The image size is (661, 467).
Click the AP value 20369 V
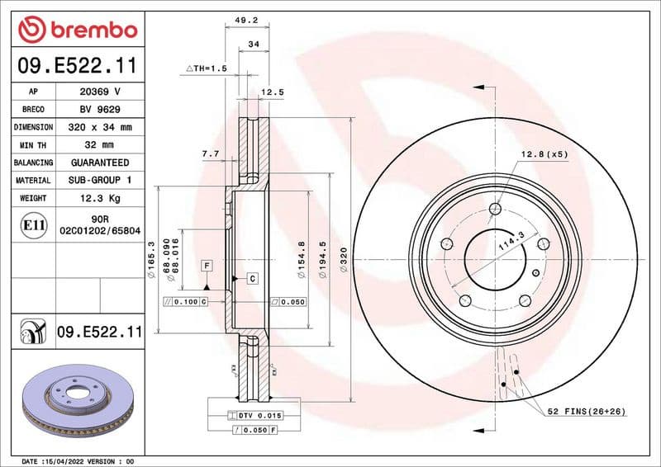pyautogui.click(x=99, y=92)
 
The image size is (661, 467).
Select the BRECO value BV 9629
pyautogui.click(x=99, y=110)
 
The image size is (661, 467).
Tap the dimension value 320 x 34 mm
pyautogui.click(x=99, y=128)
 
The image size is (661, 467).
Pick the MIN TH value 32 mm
pyautogui.click(x=99, y=145)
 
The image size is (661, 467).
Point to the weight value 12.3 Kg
pyautogui.click(x=99, y=198)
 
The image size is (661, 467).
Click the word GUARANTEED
pyautogui.click(x=99, y=163)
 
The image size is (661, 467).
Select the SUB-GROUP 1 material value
pyautogui.click(x=99, y=180)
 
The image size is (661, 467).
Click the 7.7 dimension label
pyautogui.click(x=210, y=153)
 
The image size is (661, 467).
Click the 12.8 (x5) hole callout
pyautogui.click(x=544, y=154)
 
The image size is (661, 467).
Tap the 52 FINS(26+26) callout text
pyautogui.click(x=587, y=411)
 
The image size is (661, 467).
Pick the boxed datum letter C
pyautogui.click(x=252, y=279)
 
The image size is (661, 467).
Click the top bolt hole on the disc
pyautogui.click(x=494, y=209)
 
